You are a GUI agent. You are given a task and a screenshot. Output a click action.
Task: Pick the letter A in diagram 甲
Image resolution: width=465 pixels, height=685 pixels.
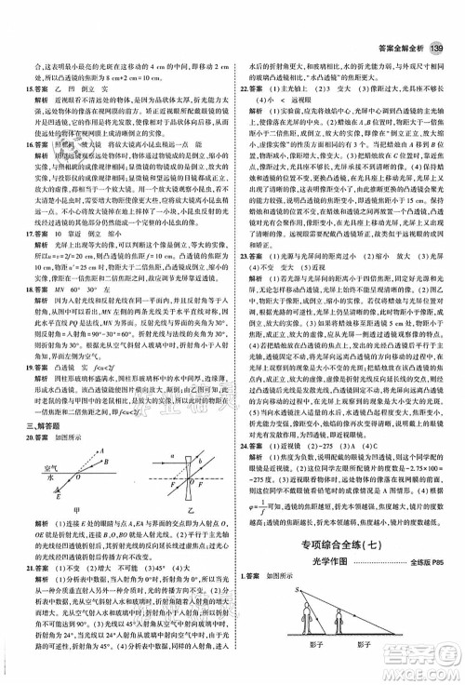pyautogui.click(x=106, y=483)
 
